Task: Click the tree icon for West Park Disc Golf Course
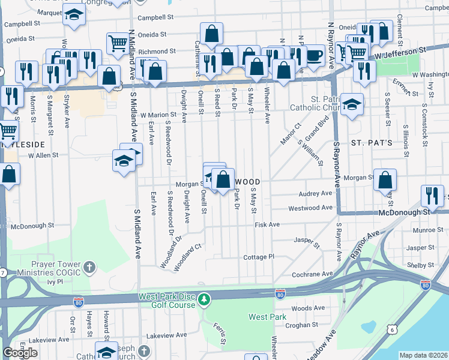click(205, 298)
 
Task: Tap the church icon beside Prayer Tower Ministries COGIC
click(89, 266)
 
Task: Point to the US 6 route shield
click(392, 329)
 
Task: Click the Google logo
click(20, 353)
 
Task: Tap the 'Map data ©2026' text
click(424, 355)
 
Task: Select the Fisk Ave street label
click(267, 224)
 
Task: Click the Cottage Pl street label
click(259, 257)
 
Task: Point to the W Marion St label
click(158, 115)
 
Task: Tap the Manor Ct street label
click(289, 134)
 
